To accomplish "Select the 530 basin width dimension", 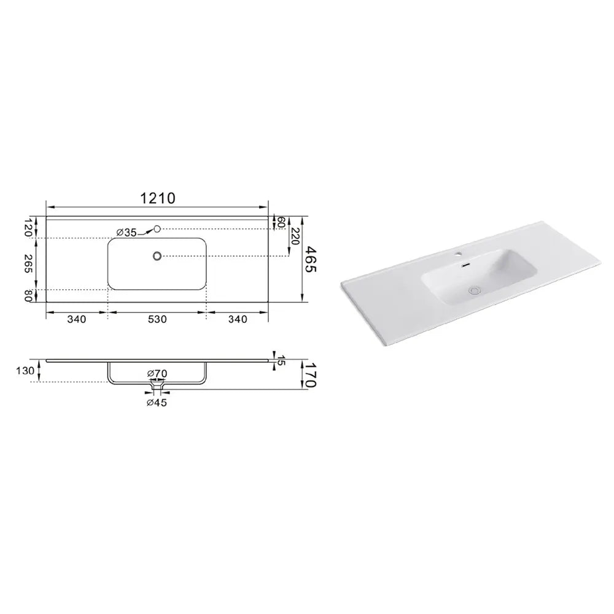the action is [157, 319].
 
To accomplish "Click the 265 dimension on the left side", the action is [29, 264].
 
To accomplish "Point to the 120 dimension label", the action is [29, 227].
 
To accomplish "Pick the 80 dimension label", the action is [28, 295].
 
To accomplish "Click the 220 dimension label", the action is [295, 236].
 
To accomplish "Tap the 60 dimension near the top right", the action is [281, 222].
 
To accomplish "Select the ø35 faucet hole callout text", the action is [126, 233].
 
